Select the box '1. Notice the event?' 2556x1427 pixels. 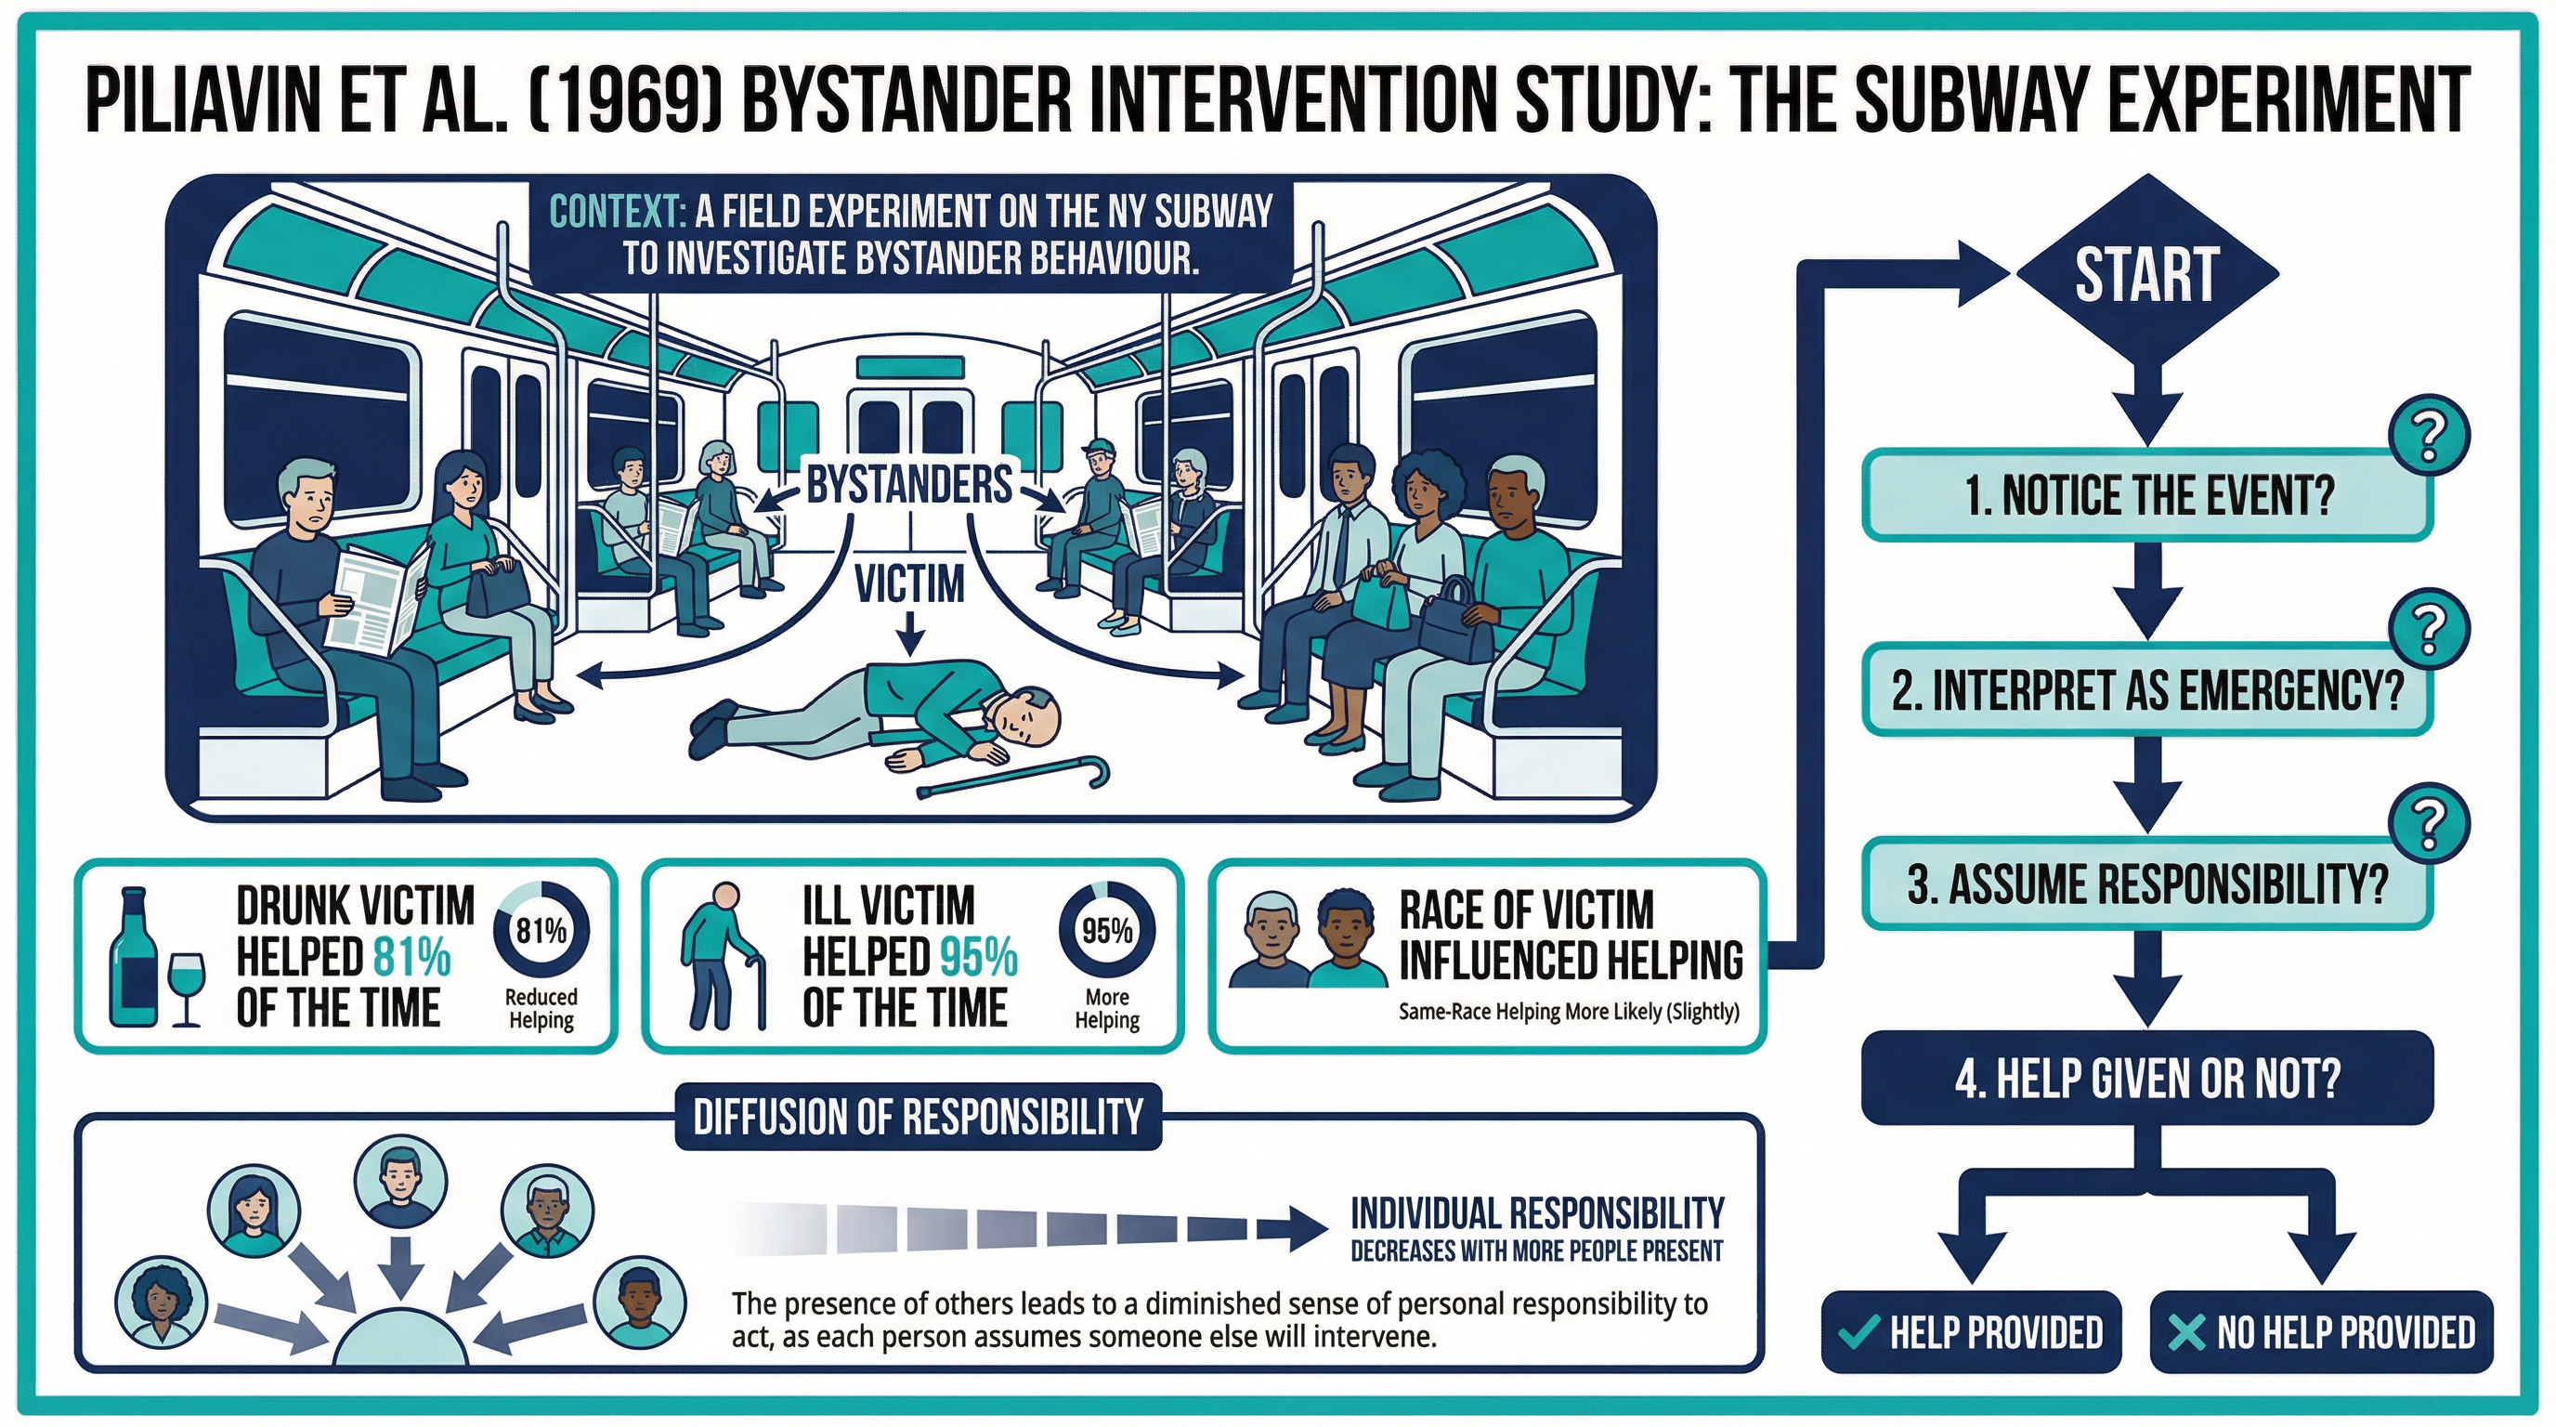[x=2148, y=495]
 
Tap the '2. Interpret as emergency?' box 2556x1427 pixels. [x=2148, y=689]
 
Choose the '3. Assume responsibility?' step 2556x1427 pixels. [x=2148, y=884]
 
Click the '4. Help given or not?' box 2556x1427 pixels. [x=2148, y=1078]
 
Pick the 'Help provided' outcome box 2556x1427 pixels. [x=1972, y=1331]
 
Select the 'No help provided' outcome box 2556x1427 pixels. [x=2321, y=1331]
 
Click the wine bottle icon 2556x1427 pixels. [x=133, y=957]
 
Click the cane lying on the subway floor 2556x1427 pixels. [x=1013, y=779]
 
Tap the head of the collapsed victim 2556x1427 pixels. [x=1024, y=717]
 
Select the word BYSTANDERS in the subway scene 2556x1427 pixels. [x=909, y=485]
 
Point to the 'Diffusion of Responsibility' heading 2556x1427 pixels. [x=918, y=1117]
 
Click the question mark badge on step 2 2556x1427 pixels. [x=2429, y=628]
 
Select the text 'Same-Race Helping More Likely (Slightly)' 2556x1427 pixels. [x=1569, y=1013]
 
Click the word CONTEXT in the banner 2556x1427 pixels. [x=616, y=213]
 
